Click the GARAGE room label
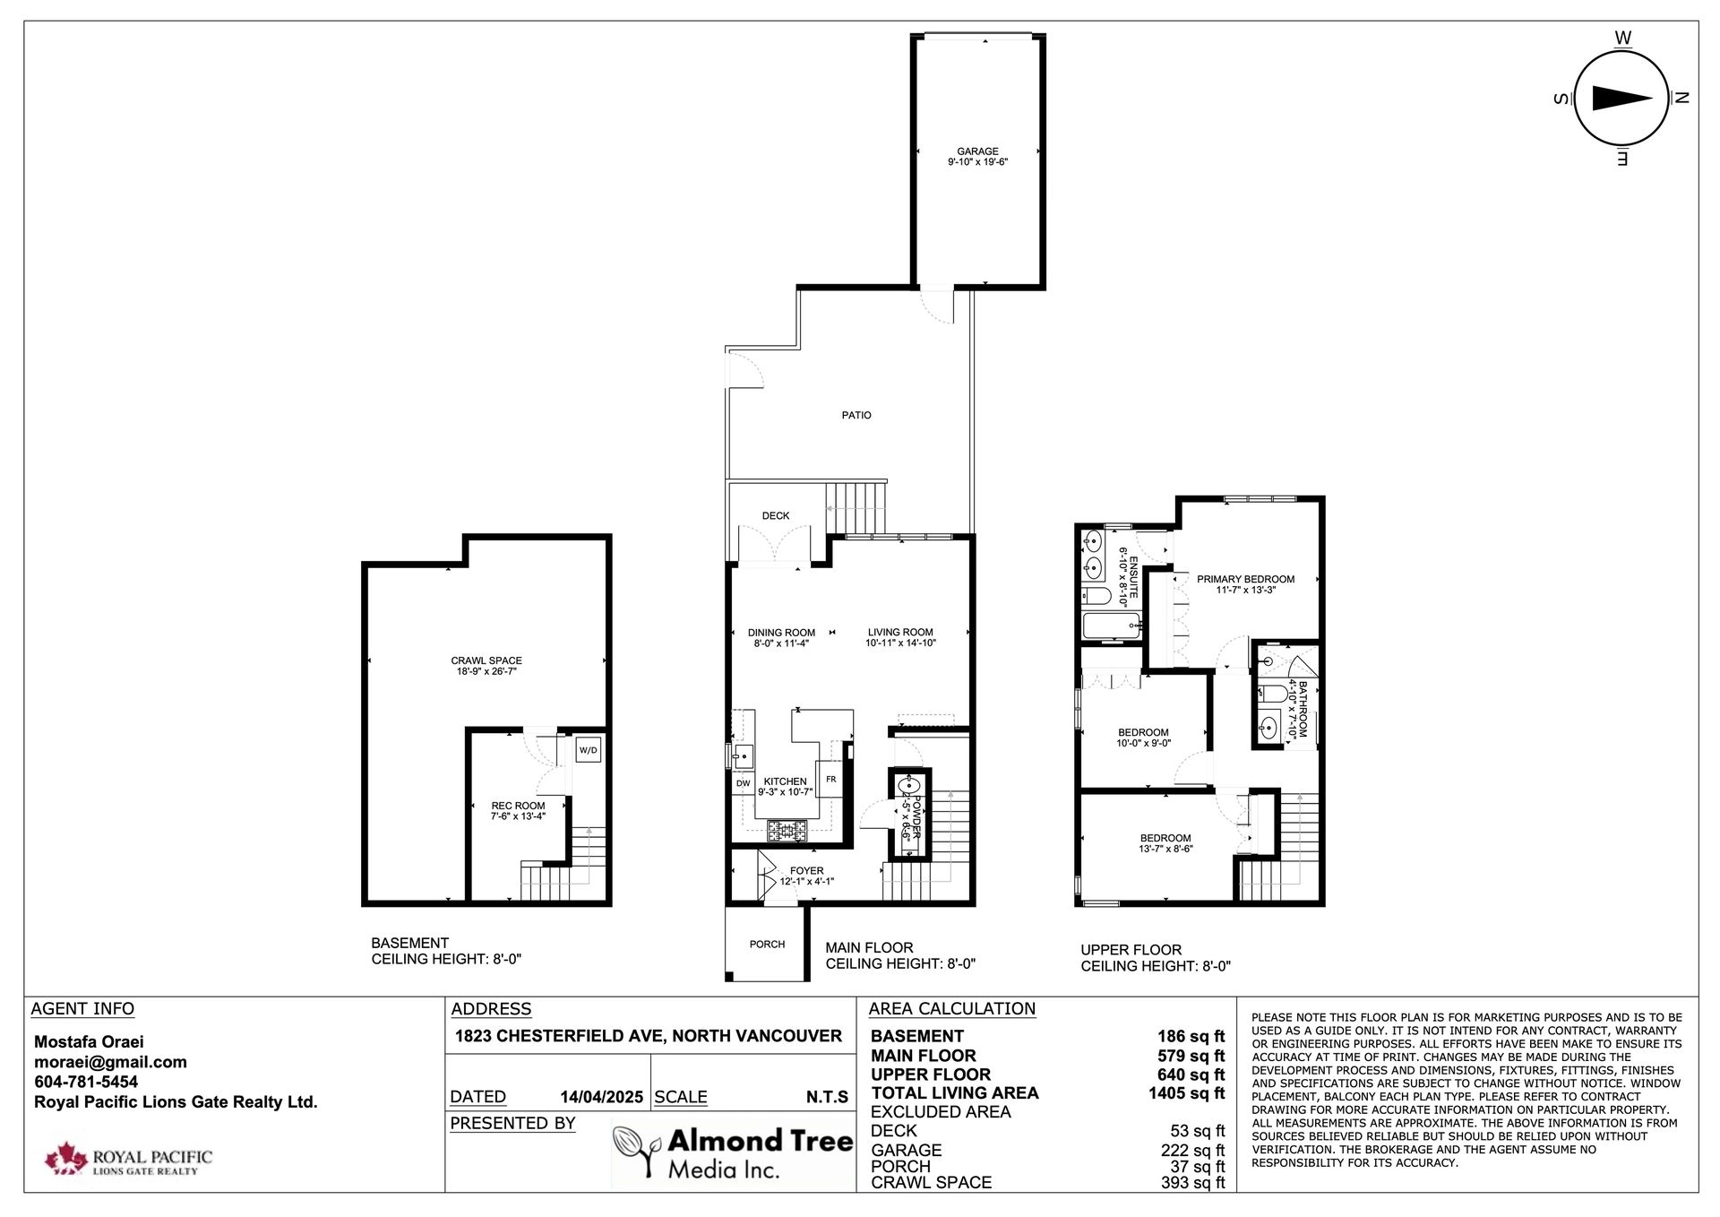(977, 151)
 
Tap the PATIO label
(856, 415)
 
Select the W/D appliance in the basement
(588, 750)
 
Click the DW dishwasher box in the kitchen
(743, 783)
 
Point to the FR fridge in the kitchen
(830, 780)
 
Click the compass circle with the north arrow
(1621, 99)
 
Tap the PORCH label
(767, 944)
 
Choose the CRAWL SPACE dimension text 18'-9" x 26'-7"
(486, 671)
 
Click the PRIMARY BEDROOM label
(1245, 579)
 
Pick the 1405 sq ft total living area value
(1186, 1092)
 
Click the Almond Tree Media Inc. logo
(733, 1153)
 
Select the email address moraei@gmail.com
(110, 1062)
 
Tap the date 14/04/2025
(601, 1097)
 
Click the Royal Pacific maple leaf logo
(64, 1158)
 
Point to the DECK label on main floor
(776, 515)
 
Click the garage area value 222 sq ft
(1192, 1150)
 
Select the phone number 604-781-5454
(86, 1082)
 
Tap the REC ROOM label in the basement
(518, 806)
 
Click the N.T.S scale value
(826, 1097)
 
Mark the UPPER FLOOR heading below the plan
(1131, 950)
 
